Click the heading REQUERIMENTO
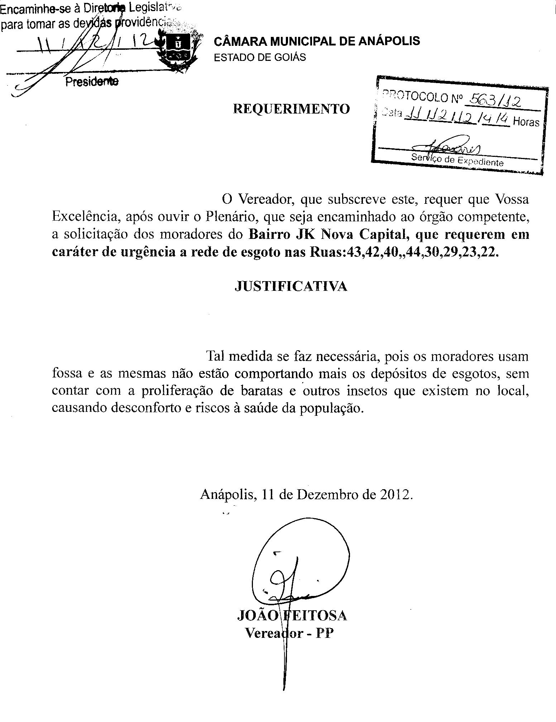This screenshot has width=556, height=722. pyautogui.click(x=291, y=109)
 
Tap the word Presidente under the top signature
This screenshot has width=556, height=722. pyautogui.click(x=92, y=82)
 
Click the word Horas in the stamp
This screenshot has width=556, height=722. pyautogui.click(x=526, y=122)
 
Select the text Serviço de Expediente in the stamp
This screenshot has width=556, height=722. pyautogui.click(x=457, y=160)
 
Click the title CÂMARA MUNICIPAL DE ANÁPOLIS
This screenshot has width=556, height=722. pyautogui.click(x=317, y=41)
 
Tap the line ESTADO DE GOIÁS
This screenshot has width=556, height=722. pyautogui.click(x=260, y=57)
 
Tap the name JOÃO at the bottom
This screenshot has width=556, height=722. pyautogui.click(x=257, y=615)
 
